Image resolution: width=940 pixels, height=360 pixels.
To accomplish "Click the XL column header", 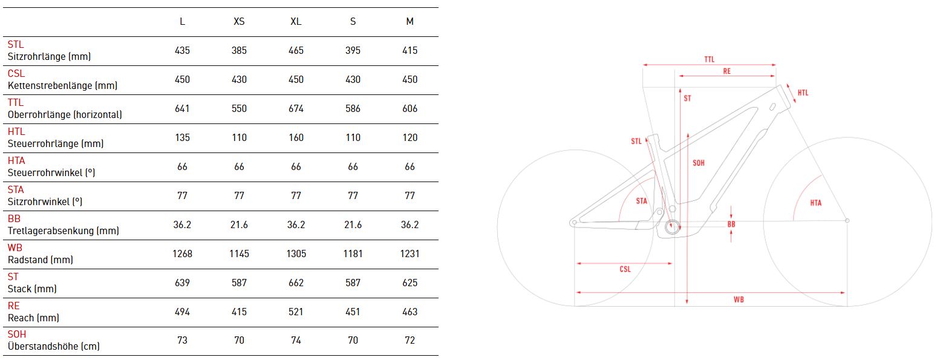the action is click(296, 21).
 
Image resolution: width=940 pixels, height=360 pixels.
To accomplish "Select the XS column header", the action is click(239, 21).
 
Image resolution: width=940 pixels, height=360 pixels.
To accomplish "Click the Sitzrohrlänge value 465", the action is click(296, 50).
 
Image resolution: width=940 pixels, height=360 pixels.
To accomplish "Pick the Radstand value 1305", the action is click(296, 254).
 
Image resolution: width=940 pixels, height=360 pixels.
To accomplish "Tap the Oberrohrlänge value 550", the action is click(239, 109).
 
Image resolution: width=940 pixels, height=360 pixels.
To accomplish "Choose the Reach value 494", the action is click(182, 312).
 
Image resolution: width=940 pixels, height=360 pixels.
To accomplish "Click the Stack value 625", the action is click(410, 283).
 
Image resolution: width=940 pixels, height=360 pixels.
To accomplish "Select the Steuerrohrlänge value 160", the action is click(296, 137).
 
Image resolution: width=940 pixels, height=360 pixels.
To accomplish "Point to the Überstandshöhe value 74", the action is click(296, 340).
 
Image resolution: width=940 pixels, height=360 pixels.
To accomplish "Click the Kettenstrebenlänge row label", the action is click(62, 85).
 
